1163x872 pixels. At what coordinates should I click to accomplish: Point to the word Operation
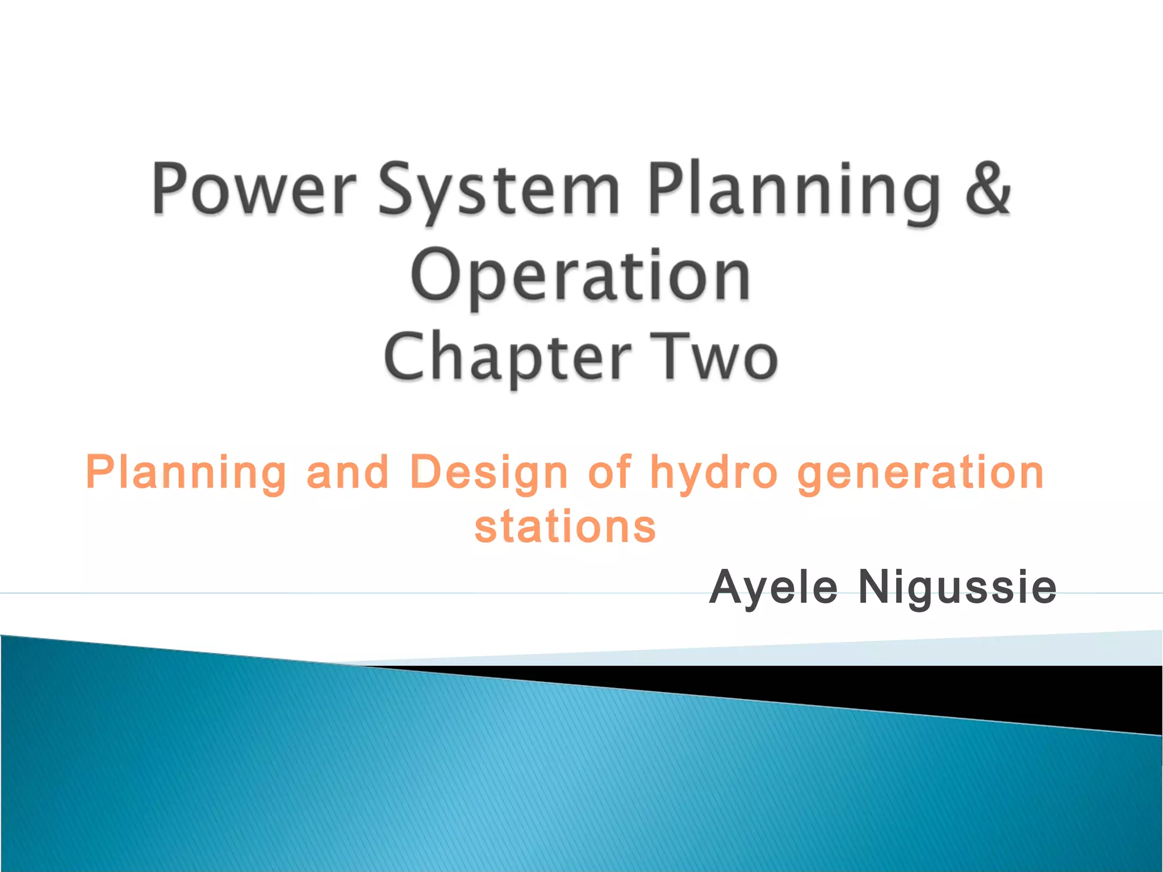[580, 276]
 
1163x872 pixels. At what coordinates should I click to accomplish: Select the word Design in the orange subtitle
[489, 472]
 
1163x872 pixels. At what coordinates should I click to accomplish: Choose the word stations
[565, 526]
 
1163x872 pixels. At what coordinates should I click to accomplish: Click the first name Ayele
[773, 588]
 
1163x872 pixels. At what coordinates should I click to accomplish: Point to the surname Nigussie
[957, 588]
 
